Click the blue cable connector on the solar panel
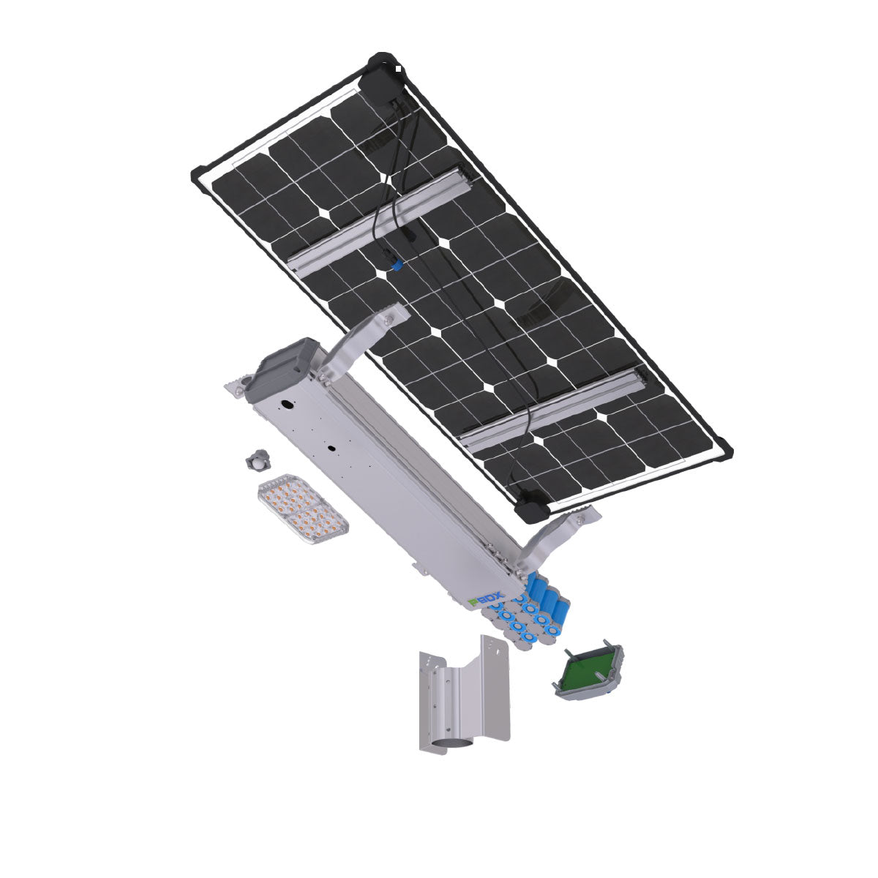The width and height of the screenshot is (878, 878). click(x=397, y=266)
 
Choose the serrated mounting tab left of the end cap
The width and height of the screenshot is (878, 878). click(x=236, y=386)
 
